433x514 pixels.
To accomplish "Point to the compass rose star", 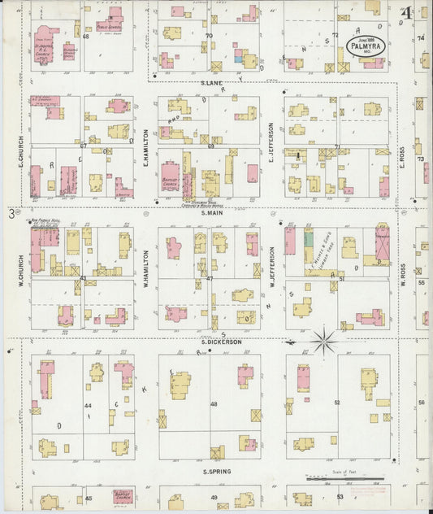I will [324, 340].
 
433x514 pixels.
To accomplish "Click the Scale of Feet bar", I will [342, 479].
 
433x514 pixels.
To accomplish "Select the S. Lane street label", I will [212, 83].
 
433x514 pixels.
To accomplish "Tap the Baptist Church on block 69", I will [171, 184].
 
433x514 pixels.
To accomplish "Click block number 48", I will [214, 404].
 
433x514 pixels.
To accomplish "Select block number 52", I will [336, 403].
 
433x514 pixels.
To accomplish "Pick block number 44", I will [87, 404].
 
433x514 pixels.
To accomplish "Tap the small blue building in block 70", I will [238, 58].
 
